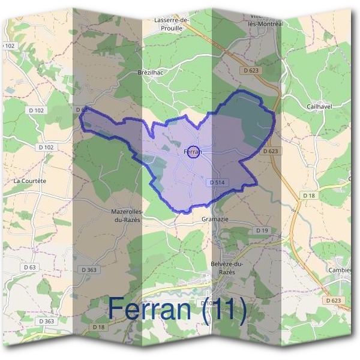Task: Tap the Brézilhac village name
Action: click(150, 72)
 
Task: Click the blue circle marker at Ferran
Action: click(193, 152)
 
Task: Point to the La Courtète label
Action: click(29, 180)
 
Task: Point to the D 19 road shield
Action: click(262, 230)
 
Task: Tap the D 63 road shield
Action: click(29, 266)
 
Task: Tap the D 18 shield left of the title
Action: click(98, 326)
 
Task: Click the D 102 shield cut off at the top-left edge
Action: click(8, 45)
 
